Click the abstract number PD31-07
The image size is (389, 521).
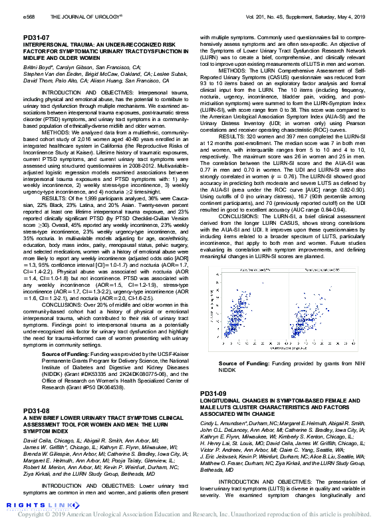click(36, 37)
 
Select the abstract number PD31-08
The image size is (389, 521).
click(36, 411)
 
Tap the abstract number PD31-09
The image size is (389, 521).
click(213, 393)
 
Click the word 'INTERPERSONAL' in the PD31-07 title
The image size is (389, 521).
click(45, 44)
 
